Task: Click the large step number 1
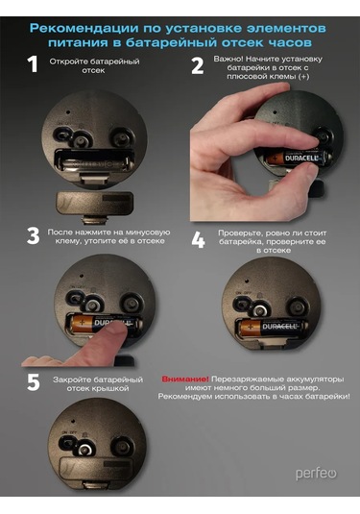pos(33,64)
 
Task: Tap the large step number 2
pos(198,65)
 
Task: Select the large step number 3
pos(33,236)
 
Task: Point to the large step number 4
pos(198,240)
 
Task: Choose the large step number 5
pos(34,382)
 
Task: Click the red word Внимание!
pos(185,379)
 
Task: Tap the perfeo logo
pos(316,474)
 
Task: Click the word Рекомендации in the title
pos(84,28)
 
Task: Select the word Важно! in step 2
pos(228,59)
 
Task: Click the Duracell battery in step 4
pos(273,328)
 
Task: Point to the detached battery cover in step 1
pos(94,204)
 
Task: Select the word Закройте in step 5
pos(71,379)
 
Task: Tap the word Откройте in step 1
pos(68,61)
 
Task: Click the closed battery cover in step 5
pos(97,468)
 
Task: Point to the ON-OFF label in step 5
pos(69,432)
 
